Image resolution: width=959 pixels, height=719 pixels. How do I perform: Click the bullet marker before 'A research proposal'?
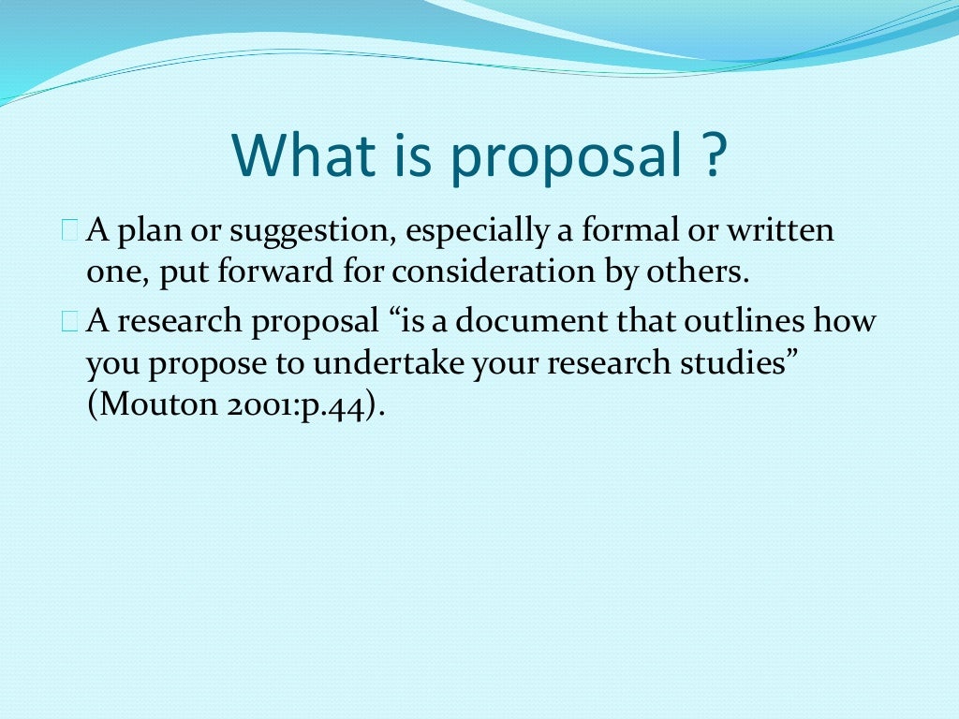pyautogui.click(x=70, y=321)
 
